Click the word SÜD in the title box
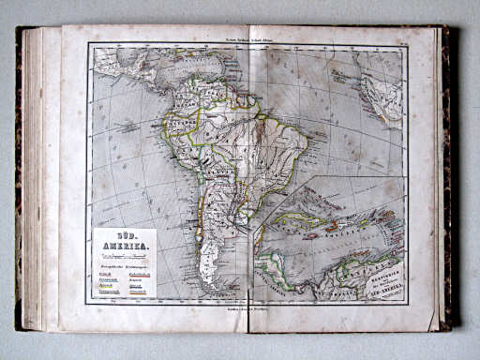click(124, 238)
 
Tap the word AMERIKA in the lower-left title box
click(124, 247)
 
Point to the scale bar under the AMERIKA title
click(124, 256)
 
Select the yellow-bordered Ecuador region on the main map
click(172, 121)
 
